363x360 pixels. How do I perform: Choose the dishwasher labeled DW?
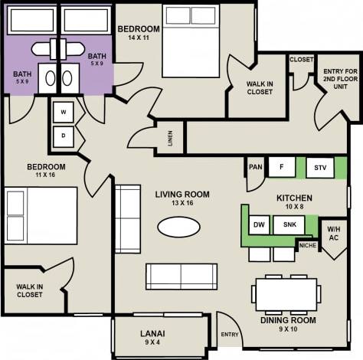(x=260, y=224)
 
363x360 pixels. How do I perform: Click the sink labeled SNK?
(x=289, y=224)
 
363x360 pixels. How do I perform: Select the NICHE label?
(x=309, y=246)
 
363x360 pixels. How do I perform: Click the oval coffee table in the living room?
(x=181, y=227)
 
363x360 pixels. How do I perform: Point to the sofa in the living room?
(x=181, y=275)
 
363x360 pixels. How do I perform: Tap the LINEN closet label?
(x=170, y=139)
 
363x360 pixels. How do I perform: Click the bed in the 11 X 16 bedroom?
(x=41, y=215)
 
